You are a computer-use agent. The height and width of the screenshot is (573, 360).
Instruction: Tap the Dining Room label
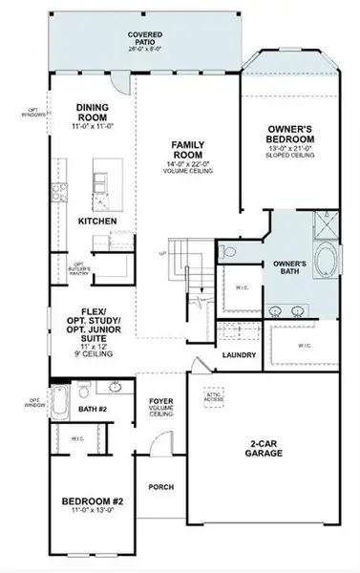[94, 110]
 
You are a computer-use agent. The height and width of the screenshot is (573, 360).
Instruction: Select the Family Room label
[187, 150]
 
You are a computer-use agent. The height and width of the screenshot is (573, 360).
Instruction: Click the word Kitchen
[96, 222]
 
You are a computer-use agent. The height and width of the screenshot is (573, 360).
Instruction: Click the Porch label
[160, 487]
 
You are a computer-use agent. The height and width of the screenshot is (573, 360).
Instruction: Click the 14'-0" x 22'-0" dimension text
[187, 164]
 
